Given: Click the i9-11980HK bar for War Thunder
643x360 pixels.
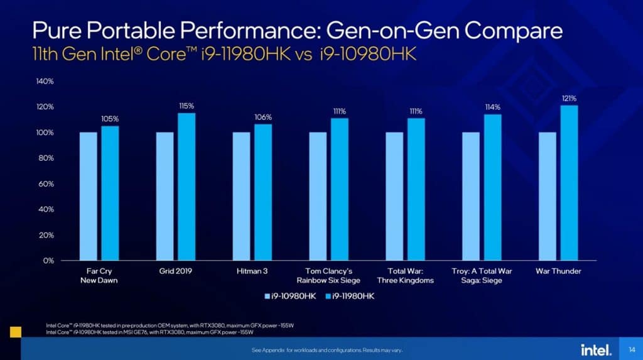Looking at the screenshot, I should [x=569, y=182].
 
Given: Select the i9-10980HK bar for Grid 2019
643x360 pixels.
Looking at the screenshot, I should [x=165, y=195].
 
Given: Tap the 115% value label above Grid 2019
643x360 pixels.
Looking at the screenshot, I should [x=186, y=106].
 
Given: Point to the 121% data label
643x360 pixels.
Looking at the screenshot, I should [x=569, y=98].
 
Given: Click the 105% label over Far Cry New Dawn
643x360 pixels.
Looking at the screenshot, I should [x=110, y=119].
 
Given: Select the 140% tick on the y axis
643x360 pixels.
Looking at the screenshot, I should [x=45, y=81].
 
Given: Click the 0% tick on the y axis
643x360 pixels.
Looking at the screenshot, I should [x=48, y=260].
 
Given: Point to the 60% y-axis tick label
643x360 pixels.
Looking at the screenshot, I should [x=46, y=183].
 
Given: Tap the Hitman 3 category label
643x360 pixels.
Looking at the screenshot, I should [x=254, y=271].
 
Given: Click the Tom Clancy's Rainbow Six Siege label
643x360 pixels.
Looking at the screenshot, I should [x=328, y=275].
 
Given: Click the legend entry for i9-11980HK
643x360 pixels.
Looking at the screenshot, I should [x=350, y=295].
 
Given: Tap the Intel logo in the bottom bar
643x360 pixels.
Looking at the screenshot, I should [x=592, y=349].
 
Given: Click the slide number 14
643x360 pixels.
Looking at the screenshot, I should [x=630, y=349].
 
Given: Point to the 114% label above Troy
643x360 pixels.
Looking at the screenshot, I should [x=492, y=107].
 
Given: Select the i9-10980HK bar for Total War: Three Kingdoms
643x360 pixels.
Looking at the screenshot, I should [x=394, y=195].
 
